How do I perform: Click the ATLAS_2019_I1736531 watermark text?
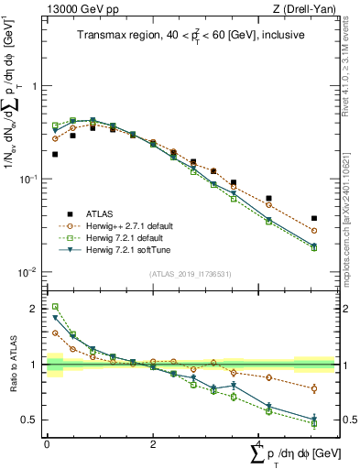click(189, 274)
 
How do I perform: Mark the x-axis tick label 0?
click(47, 443)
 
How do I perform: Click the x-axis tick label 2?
click(153, 443)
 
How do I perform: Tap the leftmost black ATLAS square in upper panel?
click(55, 154)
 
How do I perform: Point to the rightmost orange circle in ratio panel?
click(314, 388)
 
